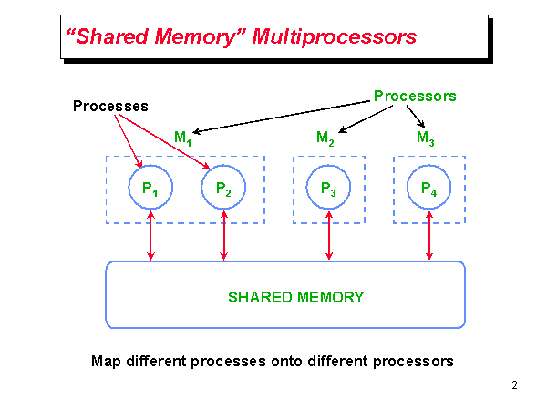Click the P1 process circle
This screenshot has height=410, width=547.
point(150,188)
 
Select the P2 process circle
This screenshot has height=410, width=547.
point(223,188)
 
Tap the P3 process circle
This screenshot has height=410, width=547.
point(328,188)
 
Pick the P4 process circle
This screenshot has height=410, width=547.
point(428,188)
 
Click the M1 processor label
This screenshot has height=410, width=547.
point(182,138)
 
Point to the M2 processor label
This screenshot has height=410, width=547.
point(325,138)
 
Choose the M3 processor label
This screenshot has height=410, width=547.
point(425,138)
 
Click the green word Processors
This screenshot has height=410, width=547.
point(415,95)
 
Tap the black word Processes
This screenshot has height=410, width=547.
point(110,106)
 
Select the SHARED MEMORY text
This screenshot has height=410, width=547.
point(295,297)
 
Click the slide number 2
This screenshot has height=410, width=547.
point(514,384)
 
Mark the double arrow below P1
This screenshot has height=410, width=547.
point(150,238)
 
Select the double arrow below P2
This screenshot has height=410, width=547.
point(223,238)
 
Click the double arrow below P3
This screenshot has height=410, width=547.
point(328,238)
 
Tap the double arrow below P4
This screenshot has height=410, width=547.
point(428,238)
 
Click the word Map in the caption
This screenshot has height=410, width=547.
point(106,361)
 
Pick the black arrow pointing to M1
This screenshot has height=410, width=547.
point(283,115)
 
